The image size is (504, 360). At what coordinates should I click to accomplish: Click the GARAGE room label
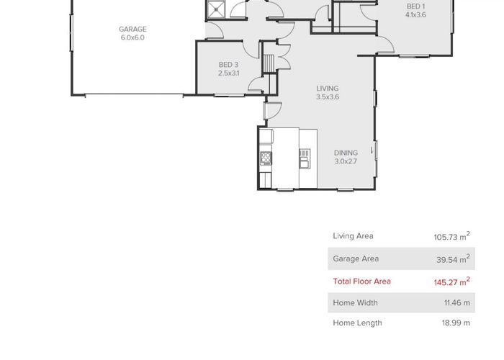click(132, 30)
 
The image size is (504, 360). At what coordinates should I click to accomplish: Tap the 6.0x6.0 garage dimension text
click(132, 37)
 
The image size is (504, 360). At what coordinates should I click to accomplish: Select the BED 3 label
click(228, 65)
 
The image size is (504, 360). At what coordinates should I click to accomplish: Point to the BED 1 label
click(415, 6)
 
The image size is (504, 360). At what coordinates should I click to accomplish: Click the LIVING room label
click(328, 89)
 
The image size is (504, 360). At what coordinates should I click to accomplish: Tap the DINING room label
click(346, 153)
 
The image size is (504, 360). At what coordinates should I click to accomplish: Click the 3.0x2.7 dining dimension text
click(346, 161)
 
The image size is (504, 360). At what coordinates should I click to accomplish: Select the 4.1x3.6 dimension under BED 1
click(415, 14)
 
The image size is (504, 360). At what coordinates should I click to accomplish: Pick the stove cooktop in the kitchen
click(266, 157)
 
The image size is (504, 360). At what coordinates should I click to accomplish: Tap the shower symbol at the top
click(216, 9)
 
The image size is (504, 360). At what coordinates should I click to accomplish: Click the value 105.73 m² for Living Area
click(451, 236)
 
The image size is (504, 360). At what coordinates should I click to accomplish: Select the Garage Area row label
click(355, 258)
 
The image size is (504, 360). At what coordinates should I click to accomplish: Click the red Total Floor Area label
click(361, 282)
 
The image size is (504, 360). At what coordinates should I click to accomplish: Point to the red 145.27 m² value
click(451, 282)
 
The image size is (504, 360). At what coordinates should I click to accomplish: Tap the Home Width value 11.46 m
click(456, 303)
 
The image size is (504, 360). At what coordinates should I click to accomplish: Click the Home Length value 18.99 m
click(456, 323)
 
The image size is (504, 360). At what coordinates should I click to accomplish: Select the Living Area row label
click(353, 236)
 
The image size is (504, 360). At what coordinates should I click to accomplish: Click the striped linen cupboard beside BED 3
click(269, 63)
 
